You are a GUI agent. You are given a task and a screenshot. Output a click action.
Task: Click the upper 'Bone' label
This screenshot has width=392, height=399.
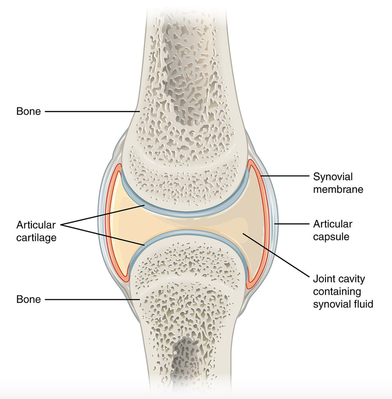pyautogui.click(x=28, y=111)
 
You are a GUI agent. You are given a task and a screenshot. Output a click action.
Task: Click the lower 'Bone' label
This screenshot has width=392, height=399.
pyautogui.click(x=28, y=299)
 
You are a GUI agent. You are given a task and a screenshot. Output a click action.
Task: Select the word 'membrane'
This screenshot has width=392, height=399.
pyautogui.click(x=338, y=189)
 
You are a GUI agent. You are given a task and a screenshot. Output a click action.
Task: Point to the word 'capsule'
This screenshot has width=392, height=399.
pyautogui.click(x=331, y=237)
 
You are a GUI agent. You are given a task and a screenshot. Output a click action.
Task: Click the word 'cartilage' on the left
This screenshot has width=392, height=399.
pyautogui.click(x=36, y=238)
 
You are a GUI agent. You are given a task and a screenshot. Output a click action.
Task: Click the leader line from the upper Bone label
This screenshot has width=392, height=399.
pyautogui.click(x=92, y=112)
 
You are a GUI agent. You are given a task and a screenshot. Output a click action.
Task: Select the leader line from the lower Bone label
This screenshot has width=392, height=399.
pyautogui.click(x=92, y=299)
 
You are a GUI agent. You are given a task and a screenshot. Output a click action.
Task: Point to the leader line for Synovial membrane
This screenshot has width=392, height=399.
pyautogui.click(x=285, y=176)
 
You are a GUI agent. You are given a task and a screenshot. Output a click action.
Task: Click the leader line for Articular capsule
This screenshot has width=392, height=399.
pyautogui.click(x=292, y=224)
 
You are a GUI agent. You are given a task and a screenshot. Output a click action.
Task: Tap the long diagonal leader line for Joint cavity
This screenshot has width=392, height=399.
pyautogui.click(x=276, y=255)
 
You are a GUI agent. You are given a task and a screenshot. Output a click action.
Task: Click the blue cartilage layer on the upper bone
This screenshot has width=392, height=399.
pyautogui.click(x=185, y=214)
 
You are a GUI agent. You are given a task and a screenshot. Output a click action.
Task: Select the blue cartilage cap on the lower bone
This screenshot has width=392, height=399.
pyautogui.click(x=188, y=233)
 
